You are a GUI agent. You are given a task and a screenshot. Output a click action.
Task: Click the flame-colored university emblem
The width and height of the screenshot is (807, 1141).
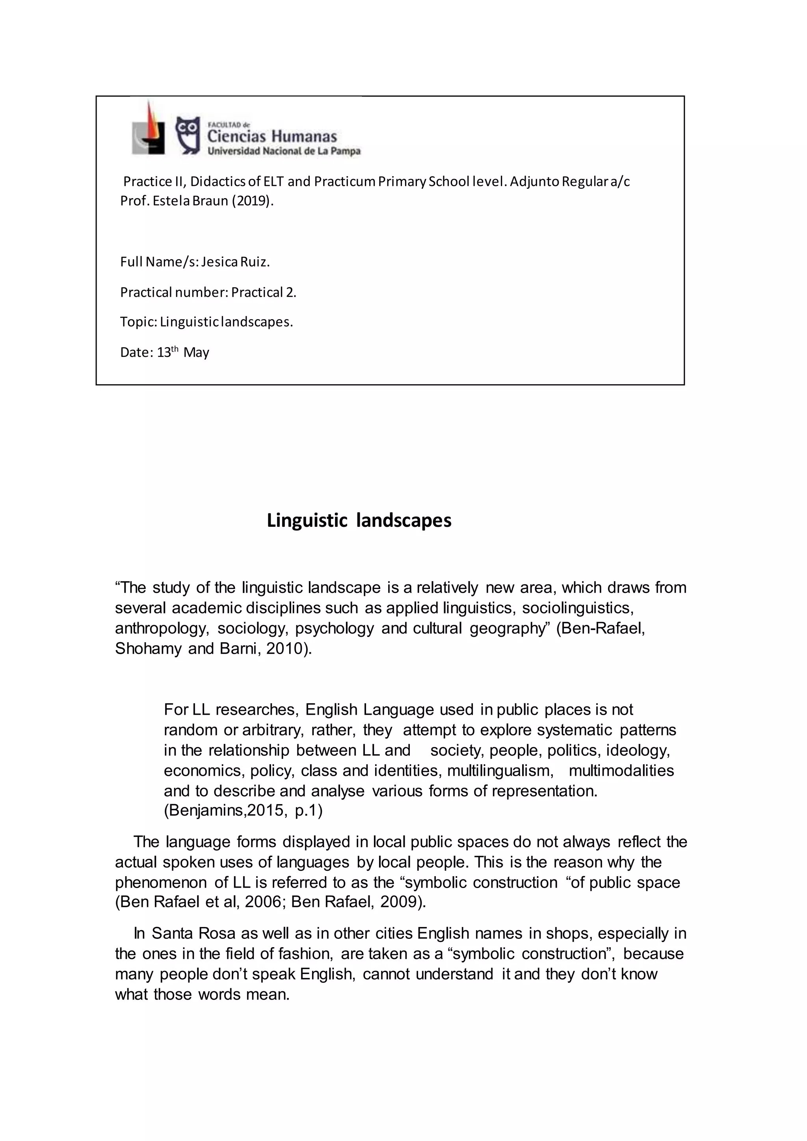[149, 129]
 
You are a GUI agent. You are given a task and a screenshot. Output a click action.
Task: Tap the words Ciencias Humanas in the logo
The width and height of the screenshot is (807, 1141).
[272, 136]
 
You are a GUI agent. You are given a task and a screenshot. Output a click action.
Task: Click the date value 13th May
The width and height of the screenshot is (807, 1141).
[183, 352]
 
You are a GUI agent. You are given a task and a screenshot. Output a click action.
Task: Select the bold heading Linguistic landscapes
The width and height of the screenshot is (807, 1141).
[359, 520]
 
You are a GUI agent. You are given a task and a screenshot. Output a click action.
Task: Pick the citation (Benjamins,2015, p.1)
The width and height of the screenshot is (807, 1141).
[243, 810]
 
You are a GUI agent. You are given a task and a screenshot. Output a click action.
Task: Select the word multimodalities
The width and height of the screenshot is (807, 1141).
[621, 770]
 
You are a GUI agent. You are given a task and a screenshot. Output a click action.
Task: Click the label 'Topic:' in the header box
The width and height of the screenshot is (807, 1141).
[139, 322]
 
